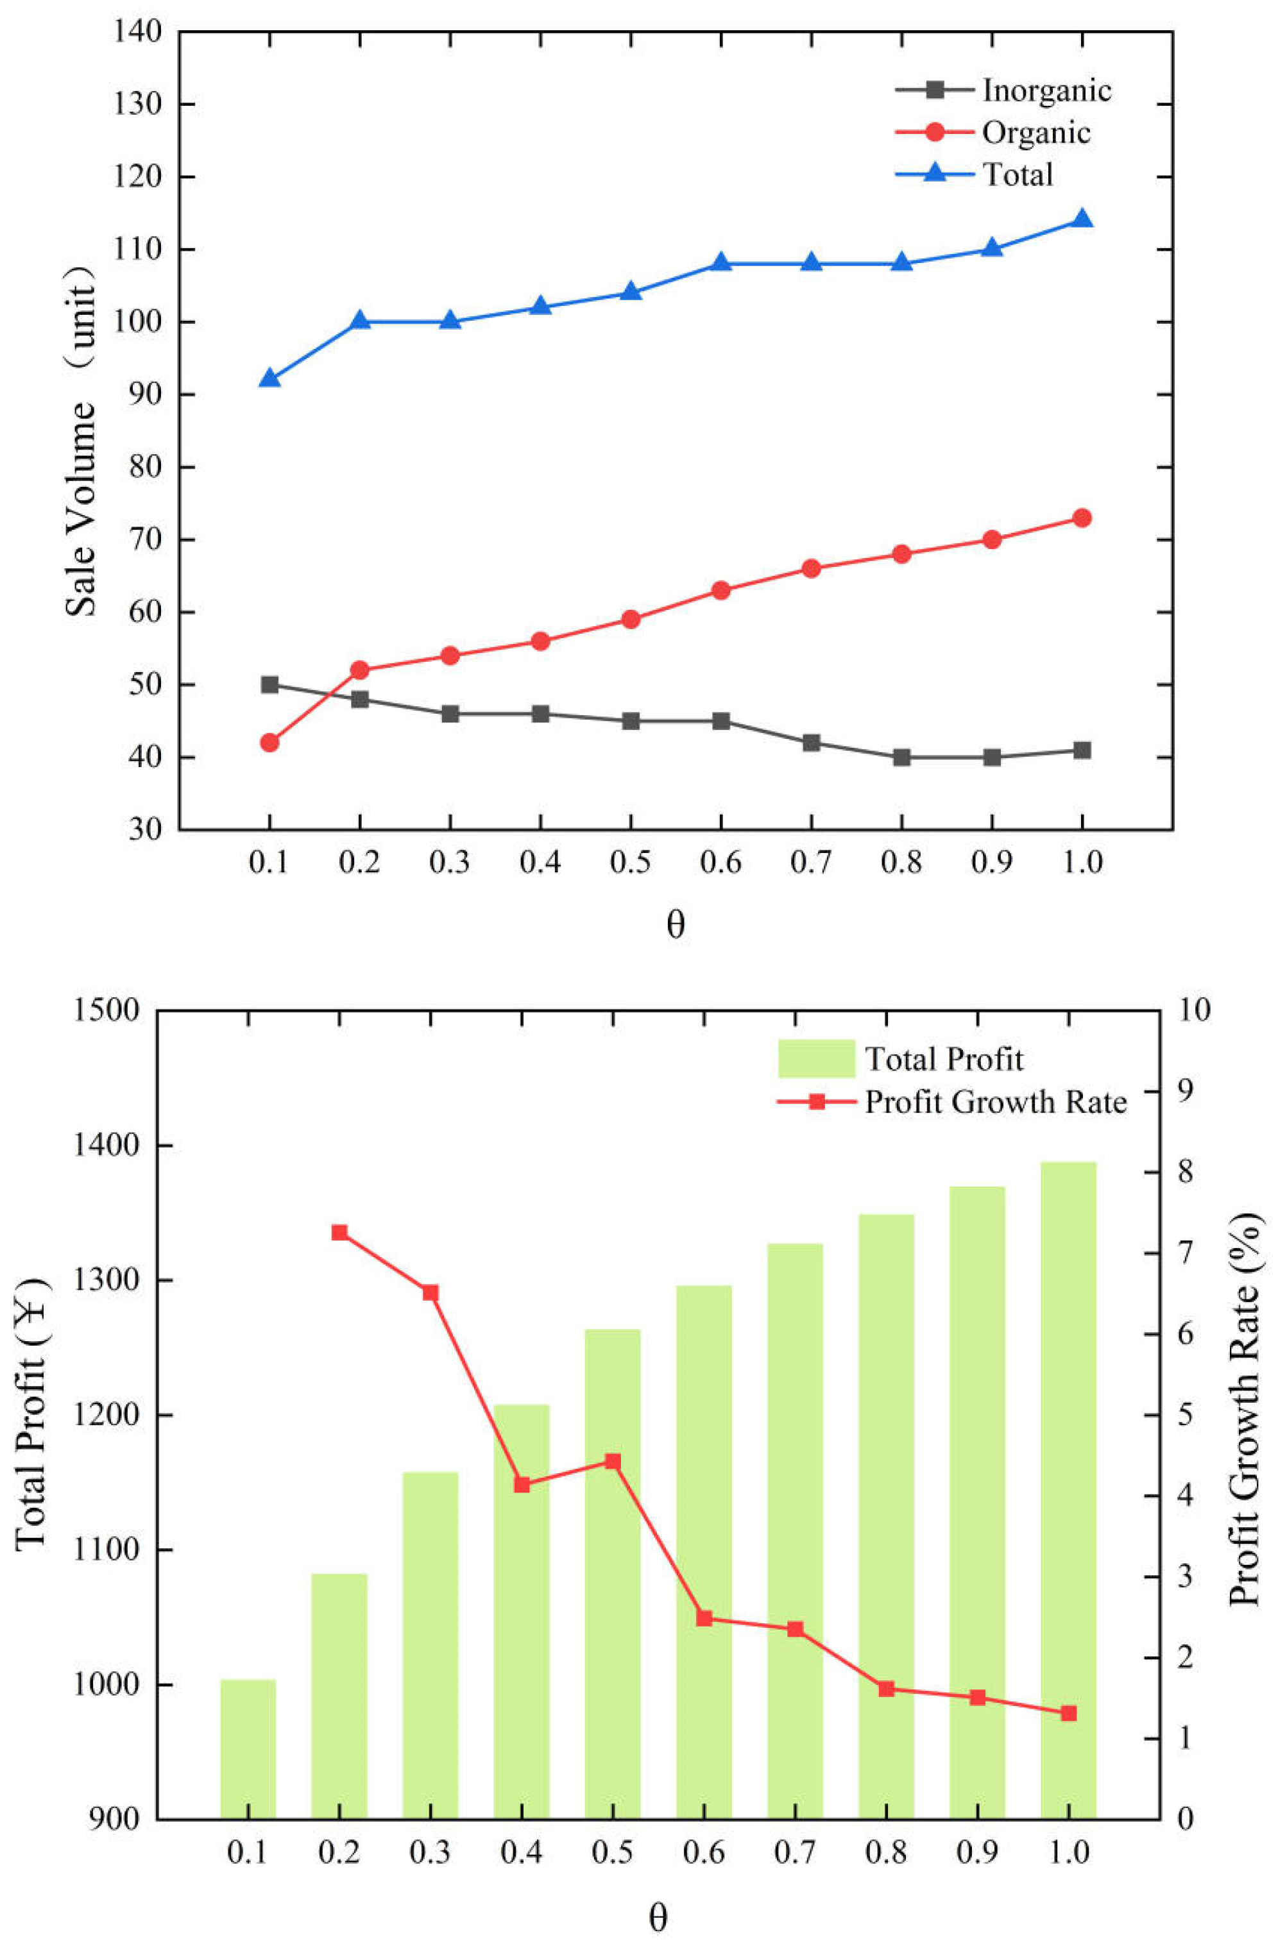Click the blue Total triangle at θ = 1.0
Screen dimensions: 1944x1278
(1082, 219)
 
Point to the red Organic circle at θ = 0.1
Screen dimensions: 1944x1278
(269, 743)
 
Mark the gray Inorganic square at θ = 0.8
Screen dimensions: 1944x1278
(901, 757)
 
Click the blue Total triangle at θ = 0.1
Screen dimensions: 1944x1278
(269, 379)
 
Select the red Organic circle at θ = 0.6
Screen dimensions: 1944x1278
(720, 591)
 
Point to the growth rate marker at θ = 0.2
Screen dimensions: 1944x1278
(339, 1233)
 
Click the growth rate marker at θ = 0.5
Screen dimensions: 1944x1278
(612, 1461)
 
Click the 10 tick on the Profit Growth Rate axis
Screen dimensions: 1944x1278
(1194, 1011)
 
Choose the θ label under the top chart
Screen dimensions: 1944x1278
(675, 925)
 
